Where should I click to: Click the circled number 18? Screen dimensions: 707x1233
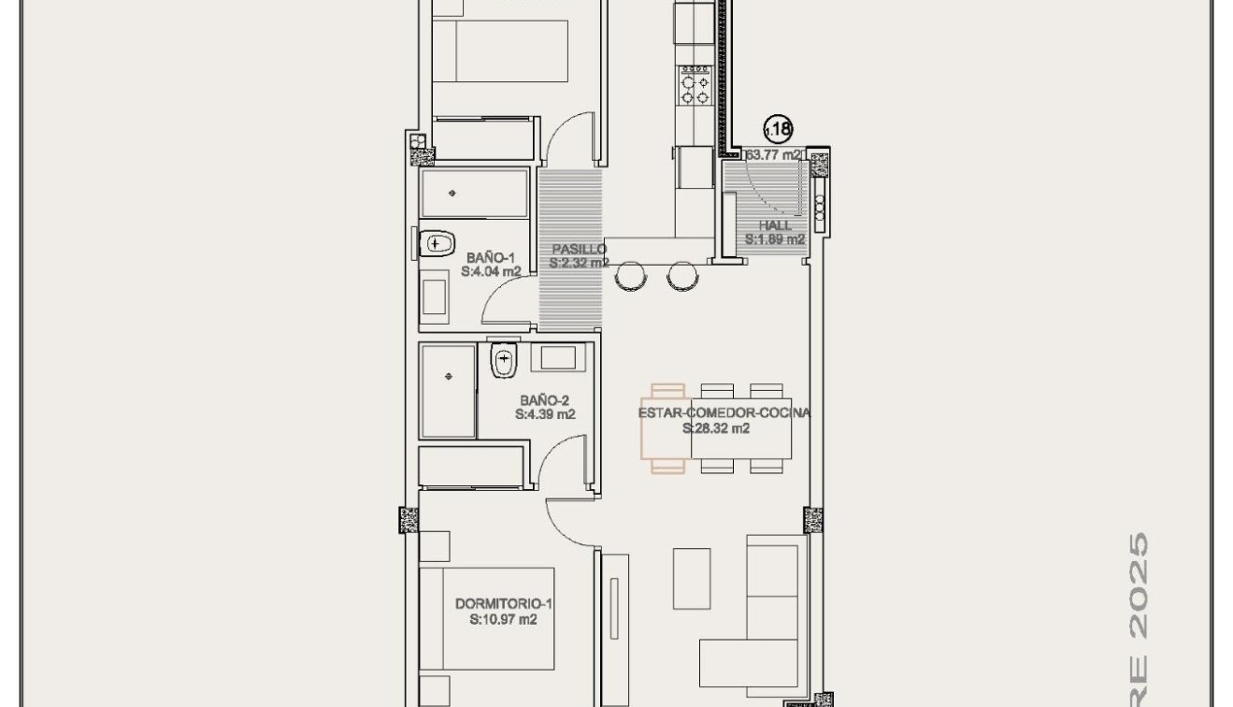click(778, 129)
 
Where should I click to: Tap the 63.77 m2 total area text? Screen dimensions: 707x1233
click(772, 155)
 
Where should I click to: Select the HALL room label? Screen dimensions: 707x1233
click(775, 225)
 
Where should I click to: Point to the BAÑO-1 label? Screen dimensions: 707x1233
click(491, 257)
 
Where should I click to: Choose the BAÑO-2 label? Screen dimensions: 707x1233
click(545, 399)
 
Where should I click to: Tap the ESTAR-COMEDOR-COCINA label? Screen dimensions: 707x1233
click(724, 413)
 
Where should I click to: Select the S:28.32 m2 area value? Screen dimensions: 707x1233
click(716, 429)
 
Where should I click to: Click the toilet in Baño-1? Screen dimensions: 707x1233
click(436, 243)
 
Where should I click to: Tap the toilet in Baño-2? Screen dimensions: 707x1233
click(504, 360)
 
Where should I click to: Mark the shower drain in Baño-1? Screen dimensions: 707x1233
click(453, 194)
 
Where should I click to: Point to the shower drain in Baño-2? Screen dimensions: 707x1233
click(449, 377)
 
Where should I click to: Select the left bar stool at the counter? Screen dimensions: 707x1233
click(630, 275)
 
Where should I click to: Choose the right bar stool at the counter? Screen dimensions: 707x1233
click(682, 275)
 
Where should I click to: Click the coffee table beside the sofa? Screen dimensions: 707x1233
click(692, 579)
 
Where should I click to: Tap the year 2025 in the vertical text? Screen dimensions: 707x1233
click(1138, 570)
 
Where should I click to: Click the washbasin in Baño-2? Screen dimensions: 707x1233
click(559, 358)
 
